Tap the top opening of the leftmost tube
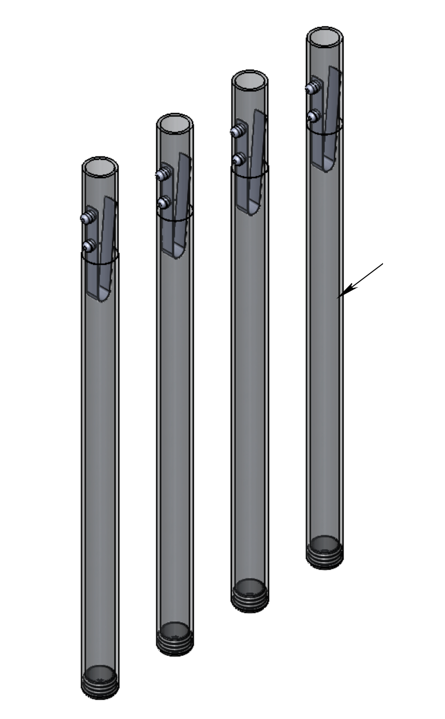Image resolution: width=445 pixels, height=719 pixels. (100, 168)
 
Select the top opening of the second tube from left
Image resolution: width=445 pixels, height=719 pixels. (175, 123)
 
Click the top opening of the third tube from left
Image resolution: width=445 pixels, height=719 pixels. (250, 81)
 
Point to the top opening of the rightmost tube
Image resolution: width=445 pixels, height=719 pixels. (325, 37)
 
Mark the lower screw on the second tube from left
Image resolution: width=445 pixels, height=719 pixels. (162, 202)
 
